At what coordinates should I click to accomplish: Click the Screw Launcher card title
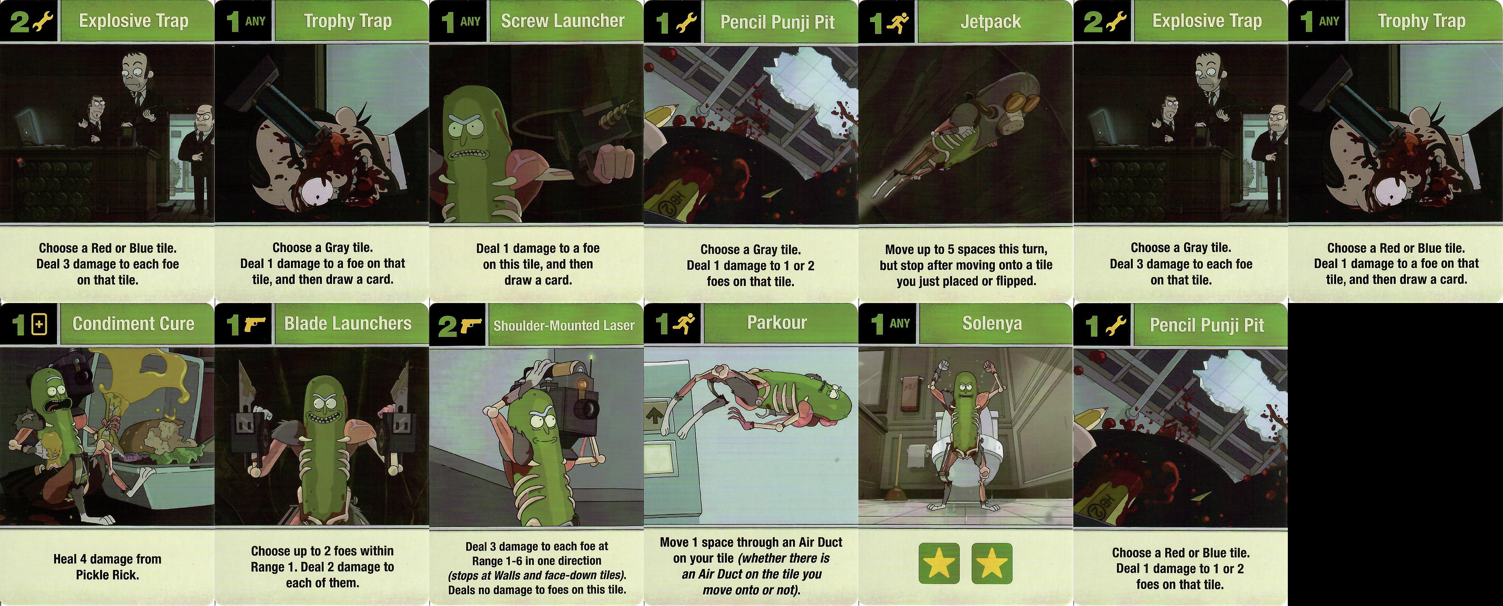563,21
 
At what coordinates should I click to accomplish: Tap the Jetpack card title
991,22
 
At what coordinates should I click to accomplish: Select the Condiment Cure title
133,324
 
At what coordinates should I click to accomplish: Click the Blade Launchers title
348,323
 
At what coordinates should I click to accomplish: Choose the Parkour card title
777,323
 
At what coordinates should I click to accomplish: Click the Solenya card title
992,323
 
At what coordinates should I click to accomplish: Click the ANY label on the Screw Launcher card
470,22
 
